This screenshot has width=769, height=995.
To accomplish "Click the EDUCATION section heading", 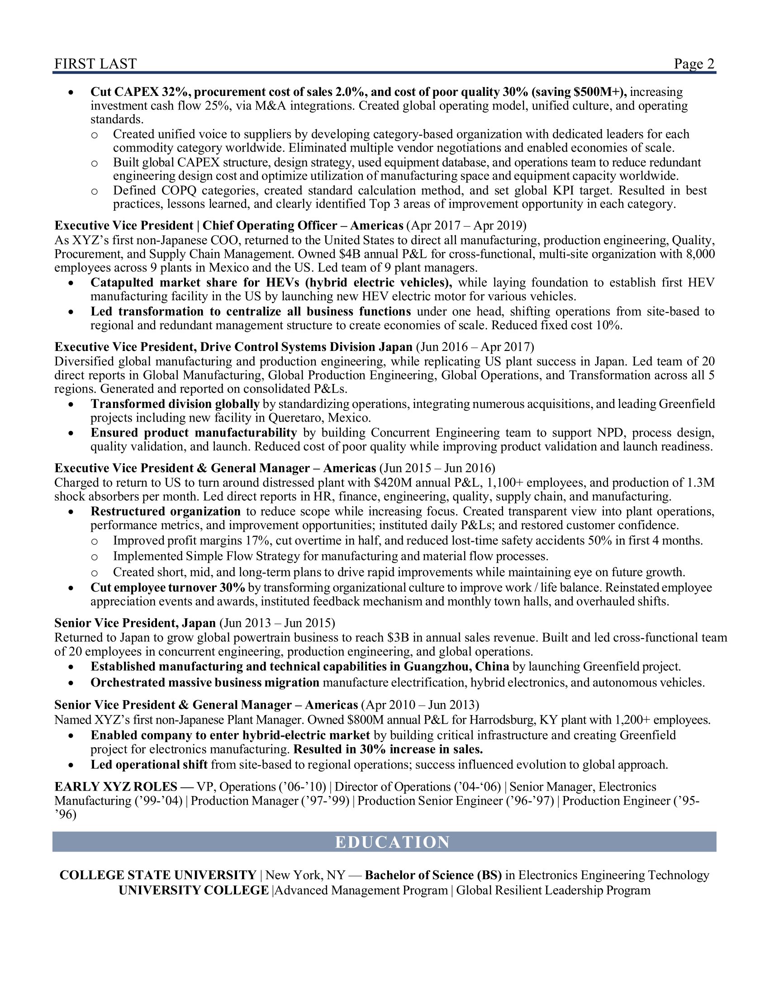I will tap(392, 842).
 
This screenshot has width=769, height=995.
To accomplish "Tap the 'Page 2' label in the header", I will tap(694, 64).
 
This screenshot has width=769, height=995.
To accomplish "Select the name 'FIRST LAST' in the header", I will tap(95, 64).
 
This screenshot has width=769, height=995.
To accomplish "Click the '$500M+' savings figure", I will tap(598, 91).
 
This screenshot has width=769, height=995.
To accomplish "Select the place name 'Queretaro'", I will tap(296, 418).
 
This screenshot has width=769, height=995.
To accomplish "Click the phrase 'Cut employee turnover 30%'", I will tap(168, 588).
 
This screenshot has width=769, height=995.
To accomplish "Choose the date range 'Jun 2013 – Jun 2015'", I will tap(277, 623).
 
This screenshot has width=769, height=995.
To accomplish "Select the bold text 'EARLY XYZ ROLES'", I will tap(116, 787).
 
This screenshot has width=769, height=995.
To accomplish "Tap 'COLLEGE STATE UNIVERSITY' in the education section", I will tap(158, 875).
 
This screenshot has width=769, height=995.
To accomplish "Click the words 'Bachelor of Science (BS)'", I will tap(433, 875).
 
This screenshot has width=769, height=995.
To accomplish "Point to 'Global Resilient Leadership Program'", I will tap(553, 890).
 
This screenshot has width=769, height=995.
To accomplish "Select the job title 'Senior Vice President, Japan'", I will tap(135, 623).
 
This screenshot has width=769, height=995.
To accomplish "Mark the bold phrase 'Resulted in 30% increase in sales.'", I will tap(388, 749).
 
